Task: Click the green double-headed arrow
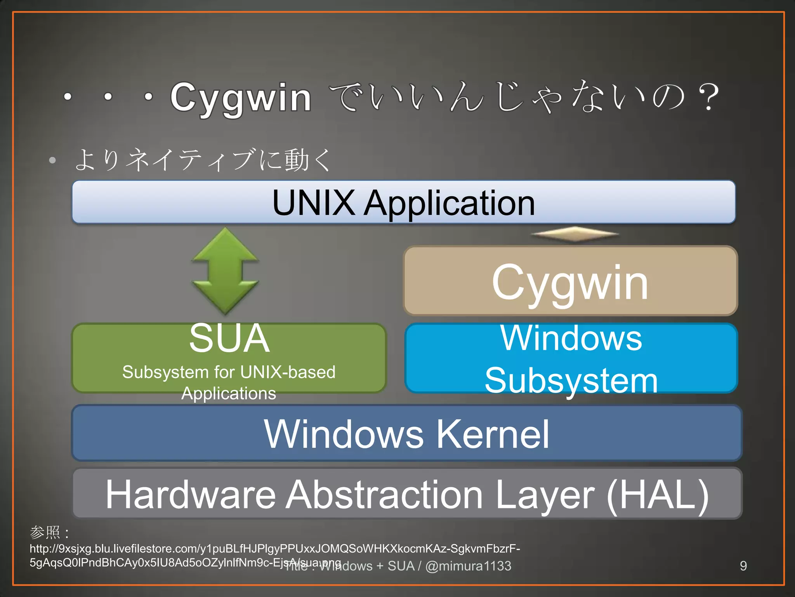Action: [225, 271]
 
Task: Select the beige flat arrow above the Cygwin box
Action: [575, 234]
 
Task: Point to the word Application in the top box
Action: [449, 203]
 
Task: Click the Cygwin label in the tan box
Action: [570, 283]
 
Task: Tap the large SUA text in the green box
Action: [229, 338]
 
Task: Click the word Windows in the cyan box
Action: [571, 338]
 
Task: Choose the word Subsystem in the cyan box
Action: [571, 380]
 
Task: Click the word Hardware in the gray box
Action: [191, 494]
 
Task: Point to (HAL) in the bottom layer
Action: [658, 494]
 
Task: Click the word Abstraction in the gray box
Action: [384, 494]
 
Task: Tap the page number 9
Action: [743, 566]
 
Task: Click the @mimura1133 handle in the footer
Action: [469, 566]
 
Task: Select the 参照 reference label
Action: [45, 532]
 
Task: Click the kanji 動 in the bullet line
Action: [297, 160]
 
